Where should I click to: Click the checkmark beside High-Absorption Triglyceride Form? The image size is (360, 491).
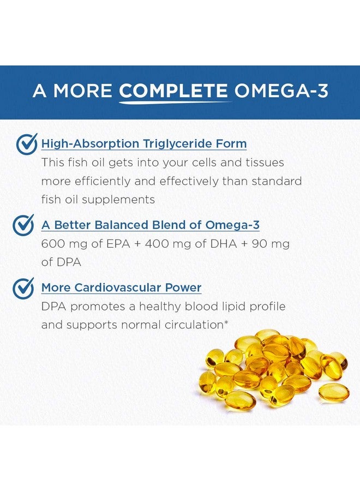point(26,144)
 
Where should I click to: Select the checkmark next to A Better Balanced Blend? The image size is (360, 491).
point(23,225)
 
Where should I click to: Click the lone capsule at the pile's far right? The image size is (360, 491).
point(334,393)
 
